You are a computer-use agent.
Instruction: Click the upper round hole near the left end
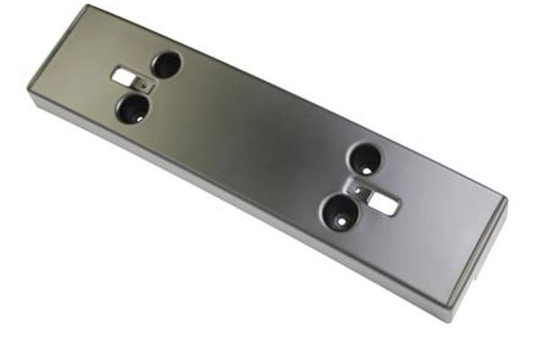(166, 63)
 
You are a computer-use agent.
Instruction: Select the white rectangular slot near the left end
(122, 78)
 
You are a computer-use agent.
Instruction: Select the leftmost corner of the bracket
(29, 91)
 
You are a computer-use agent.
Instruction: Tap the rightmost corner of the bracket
(507, 202)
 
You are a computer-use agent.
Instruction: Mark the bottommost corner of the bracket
(440, 320)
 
